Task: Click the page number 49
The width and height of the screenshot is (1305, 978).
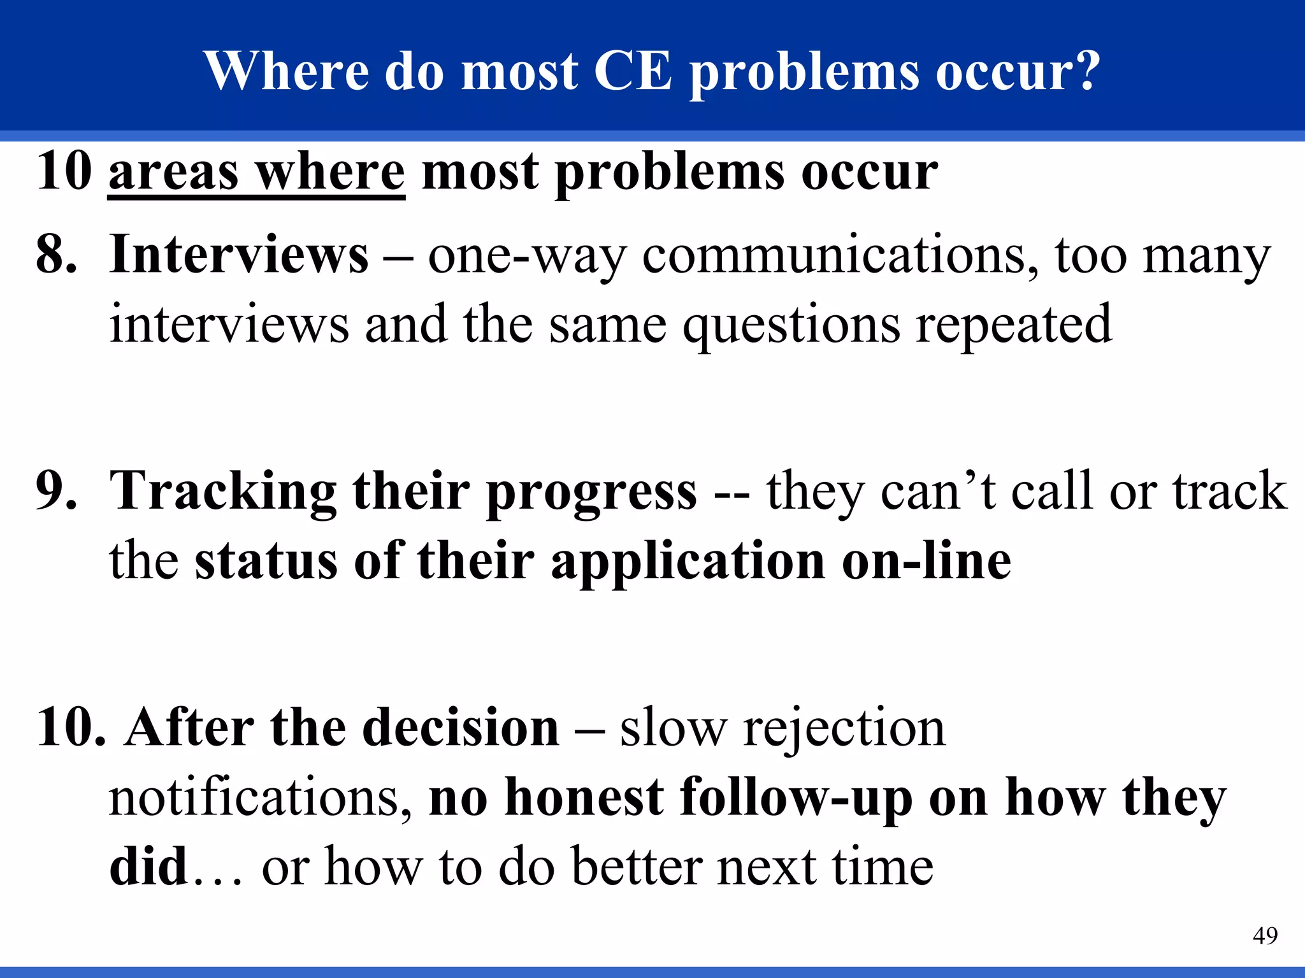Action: (1265, 935)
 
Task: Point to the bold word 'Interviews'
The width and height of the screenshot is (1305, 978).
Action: (238, 255)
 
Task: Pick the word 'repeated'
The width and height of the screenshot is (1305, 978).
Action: (1014, 325)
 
